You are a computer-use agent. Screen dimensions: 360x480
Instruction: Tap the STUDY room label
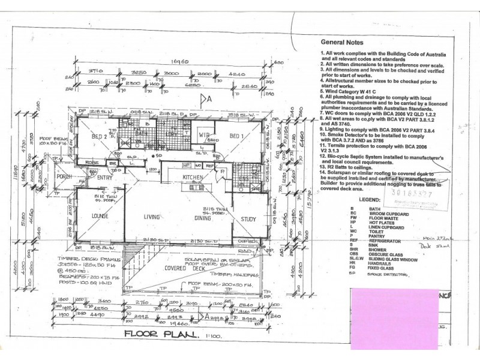click(248, 219)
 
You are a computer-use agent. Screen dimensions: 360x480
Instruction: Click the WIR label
click(203, 135)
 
